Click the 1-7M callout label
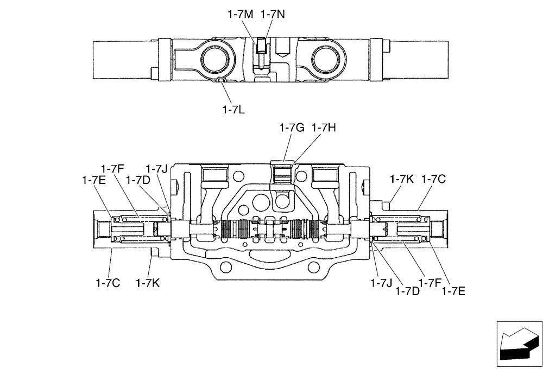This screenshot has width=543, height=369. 240,15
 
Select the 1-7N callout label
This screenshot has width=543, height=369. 273,15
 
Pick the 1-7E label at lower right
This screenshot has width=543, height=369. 453,291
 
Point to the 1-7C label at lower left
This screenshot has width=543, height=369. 108,282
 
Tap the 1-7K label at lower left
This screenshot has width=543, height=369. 147,282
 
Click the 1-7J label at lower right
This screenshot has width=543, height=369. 381,283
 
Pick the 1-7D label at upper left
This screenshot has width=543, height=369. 137,180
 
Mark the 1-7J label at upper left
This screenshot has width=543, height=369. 156,169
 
